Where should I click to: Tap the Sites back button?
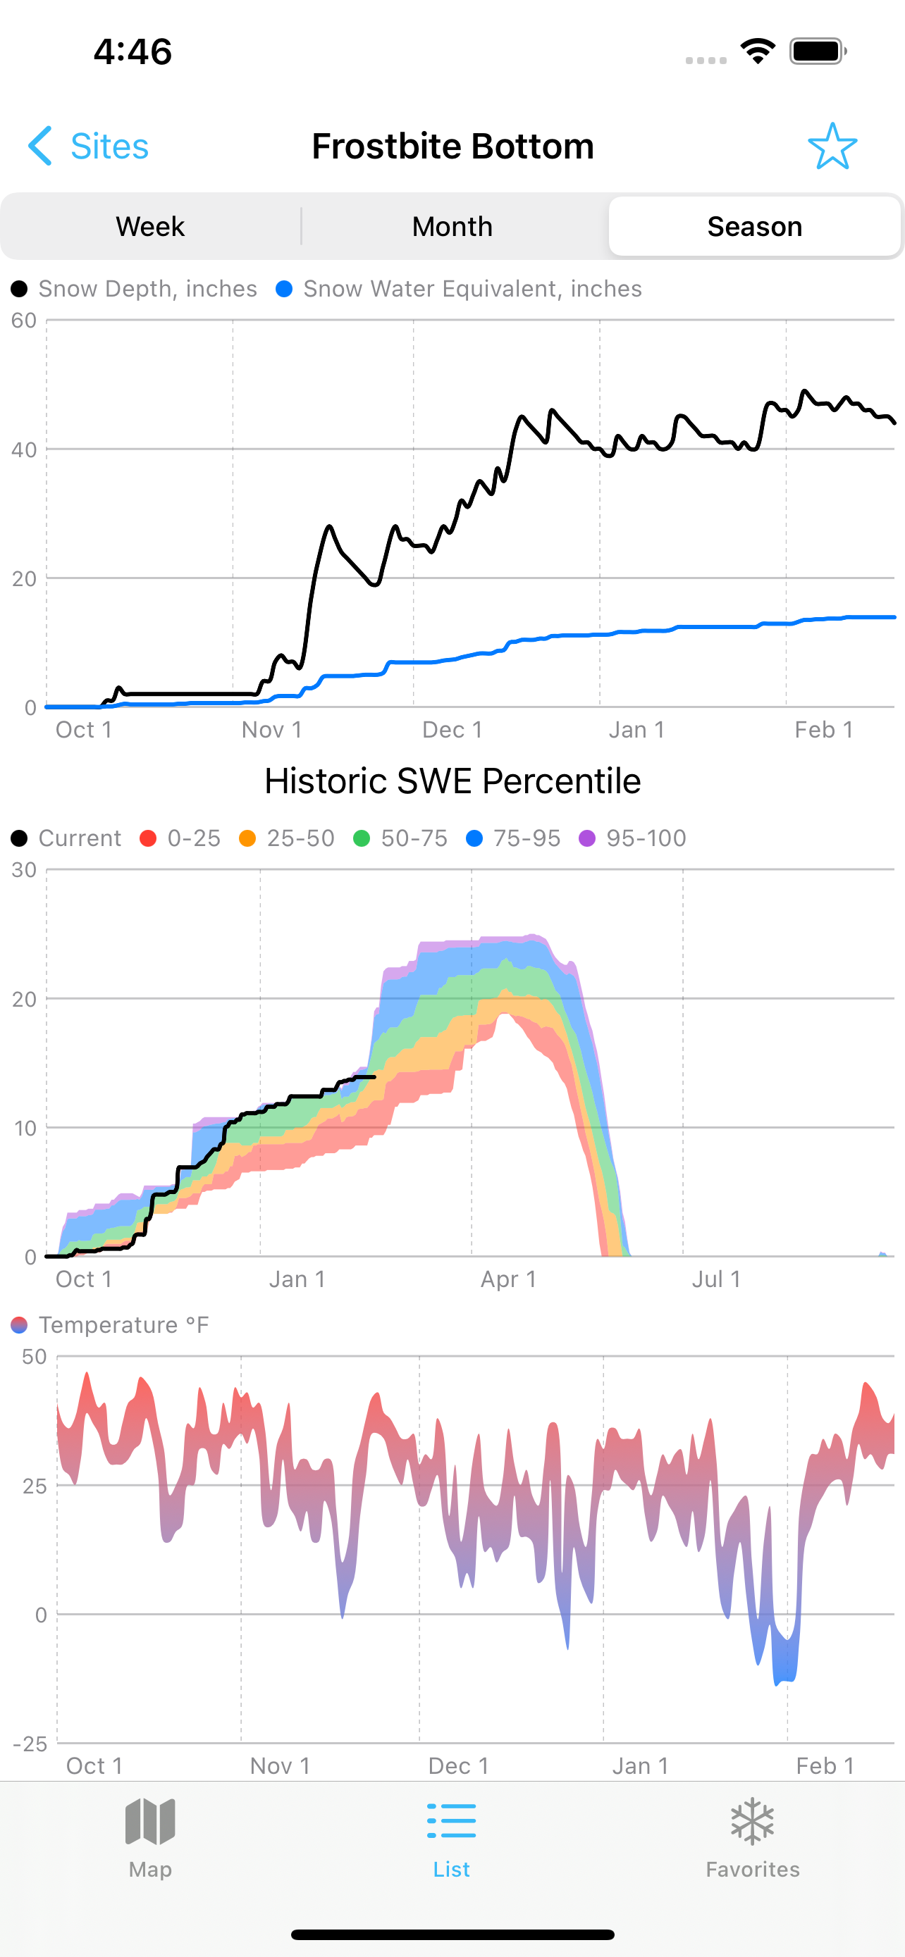pos(88,146)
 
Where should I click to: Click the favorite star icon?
pos(832,146)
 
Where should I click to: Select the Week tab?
pos(150,226)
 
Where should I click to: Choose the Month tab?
pos(452,226)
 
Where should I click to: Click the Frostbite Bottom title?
pos(453,146)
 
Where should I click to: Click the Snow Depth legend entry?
pos(135,289)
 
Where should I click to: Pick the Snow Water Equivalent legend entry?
pos(459,289)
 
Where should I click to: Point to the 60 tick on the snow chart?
pos(24,321)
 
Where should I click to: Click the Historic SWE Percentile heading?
pos(453,781)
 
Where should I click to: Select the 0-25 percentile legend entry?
pos(181,838)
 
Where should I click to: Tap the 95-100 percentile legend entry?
pos(632,838)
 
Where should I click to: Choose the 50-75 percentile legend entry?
pos(400,838)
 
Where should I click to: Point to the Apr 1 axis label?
pos(508,1279)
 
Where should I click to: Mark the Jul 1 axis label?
pos(716,1279)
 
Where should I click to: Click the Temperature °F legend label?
pos(110,1325)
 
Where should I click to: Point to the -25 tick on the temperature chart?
pos(30,1744)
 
